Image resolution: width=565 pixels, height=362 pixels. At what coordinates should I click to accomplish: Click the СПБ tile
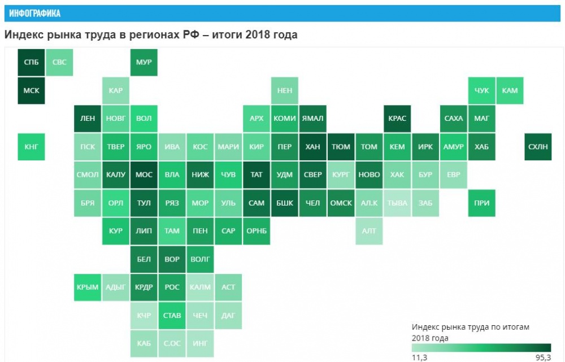coord(32,62)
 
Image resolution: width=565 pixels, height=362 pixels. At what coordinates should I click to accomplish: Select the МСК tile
coord(32,90)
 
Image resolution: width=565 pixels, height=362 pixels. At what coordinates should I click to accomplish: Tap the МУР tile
coord(144,62)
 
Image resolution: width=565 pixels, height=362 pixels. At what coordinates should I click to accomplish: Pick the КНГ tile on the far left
coord(32,147)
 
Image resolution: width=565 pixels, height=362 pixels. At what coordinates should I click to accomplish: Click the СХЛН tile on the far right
coord(538,147)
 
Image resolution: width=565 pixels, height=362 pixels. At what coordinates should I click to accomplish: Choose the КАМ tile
coord(510,90)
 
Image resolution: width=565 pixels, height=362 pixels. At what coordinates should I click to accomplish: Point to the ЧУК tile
coord(481,90)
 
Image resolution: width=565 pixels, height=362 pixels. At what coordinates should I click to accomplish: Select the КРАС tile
coord(397,119)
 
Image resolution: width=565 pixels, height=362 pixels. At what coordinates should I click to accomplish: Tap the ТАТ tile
coord(257,175)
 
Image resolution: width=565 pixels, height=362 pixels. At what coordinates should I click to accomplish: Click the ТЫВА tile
coord(397,203)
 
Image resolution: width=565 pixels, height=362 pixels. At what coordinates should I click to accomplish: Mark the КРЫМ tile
coord(88,287)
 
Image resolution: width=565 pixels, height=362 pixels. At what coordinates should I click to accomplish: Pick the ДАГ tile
coord(228,316)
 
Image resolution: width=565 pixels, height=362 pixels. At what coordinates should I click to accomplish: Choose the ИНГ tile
coord(200,343)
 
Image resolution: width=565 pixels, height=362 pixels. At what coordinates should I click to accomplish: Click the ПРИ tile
coord(481,203)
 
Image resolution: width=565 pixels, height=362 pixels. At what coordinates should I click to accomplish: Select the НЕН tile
coord(284,90)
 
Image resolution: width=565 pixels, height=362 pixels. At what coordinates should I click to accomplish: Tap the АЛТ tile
coord(369,231)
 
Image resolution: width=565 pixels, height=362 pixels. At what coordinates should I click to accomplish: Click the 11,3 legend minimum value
coord(419,357)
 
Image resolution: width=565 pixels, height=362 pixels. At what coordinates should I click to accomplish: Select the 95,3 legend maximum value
coord(542,357)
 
